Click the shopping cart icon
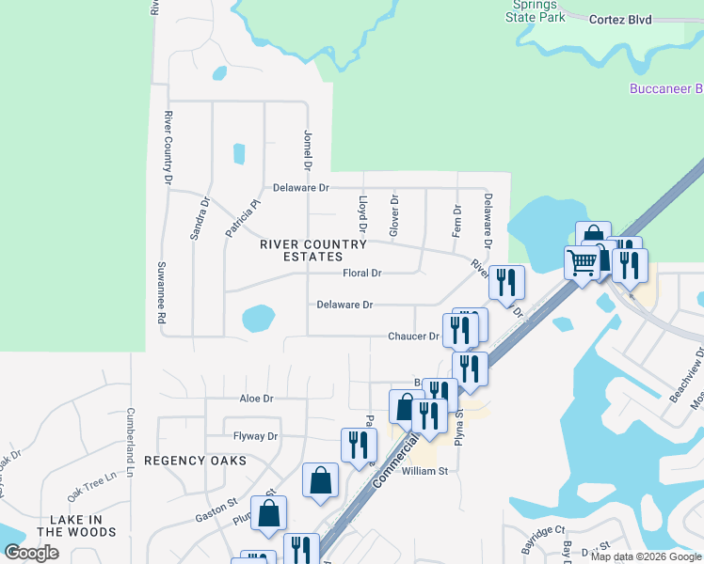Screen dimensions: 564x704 [582, 262]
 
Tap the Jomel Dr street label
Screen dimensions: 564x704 [307, 151]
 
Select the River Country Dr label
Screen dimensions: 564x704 [168, 147]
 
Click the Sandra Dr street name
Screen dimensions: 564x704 [200, 218]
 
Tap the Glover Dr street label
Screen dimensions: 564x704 [394, 215]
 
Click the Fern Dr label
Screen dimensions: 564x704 [457, 221]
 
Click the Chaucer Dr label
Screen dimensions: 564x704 [414, 337]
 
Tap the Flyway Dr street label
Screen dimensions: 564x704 [256, 436]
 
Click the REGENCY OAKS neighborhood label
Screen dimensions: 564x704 [195, 461]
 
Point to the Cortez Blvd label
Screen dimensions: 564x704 [619, 19]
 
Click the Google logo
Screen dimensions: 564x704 [31, 553]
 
